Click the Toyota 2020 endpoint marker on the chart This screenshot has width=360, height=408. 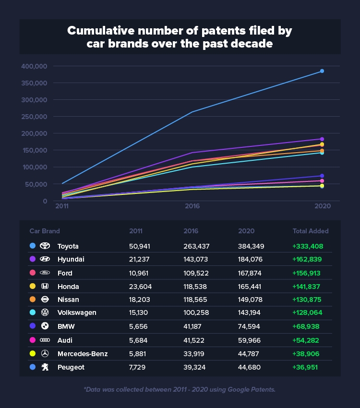click(x=322, y=71)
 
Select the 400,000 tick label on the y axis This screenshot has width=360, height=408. click(x=34, y=66)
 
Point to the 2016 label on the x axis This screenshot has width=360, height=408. click(x=192, y=205)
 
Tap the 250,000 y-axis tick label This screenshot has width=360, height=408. click(x=34, y=117)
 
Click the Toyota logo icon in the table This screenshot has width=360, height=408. click(x=45, y=246)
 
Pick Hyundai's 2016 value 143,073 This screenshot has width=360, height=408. click(x=197, y=259)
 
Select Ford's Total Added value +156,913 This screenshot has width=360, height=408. click(x=308, y=273)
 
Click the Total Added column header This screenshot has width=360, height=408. click(x=311, y=231)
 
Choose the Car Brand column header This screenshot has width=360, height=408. click(x=45, y=231)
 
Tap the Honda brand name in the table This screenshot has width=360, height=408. click(x=68, y=286)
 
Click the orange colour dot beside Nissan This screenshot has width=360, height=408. click(x=32, y=300)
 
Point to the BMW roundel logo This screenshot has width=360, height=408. click(x=45, y=326)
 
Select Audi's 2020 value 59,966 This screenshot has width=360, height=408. click(x=250, y=340)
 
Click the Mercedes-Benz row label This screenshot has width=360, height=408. click(x=82, y=353)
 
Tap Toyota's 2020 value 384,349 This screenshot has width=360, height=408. click(x=252, y=246)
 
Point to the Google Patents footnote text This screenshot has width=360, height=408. click(x=180, y=389)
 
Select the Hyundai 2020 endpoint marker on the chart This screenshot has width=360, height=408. click(x=322, y=139)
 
